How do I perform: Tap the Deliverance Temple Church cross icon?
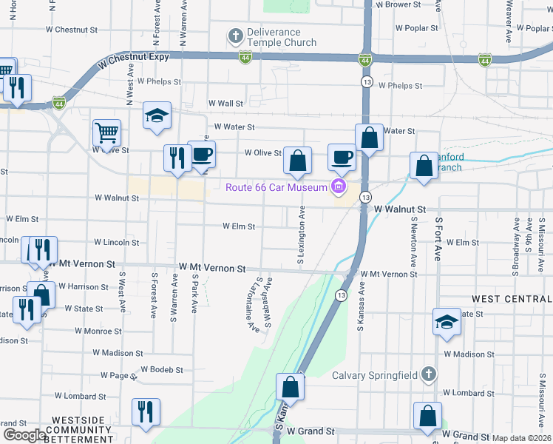point(236,36)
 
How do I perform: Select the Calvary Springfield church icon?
point(428,374)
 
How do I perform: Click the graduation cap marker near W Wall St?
point(157,115)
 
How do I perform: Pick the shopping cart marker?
point(106,134)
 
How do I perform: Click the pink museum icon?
point(339,186)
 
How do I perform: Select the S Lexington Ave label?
point(302,235)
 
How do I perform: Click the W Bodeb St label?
point(161,369)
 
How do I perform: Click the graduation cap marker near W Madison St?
point(447,322)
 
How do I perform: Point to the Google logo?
point(24,435)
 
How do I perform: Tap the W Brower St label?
point(398,4)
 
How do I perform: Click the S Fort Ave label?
point(438,239)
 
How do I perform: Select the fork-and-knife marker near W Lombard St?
point(145,412)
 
